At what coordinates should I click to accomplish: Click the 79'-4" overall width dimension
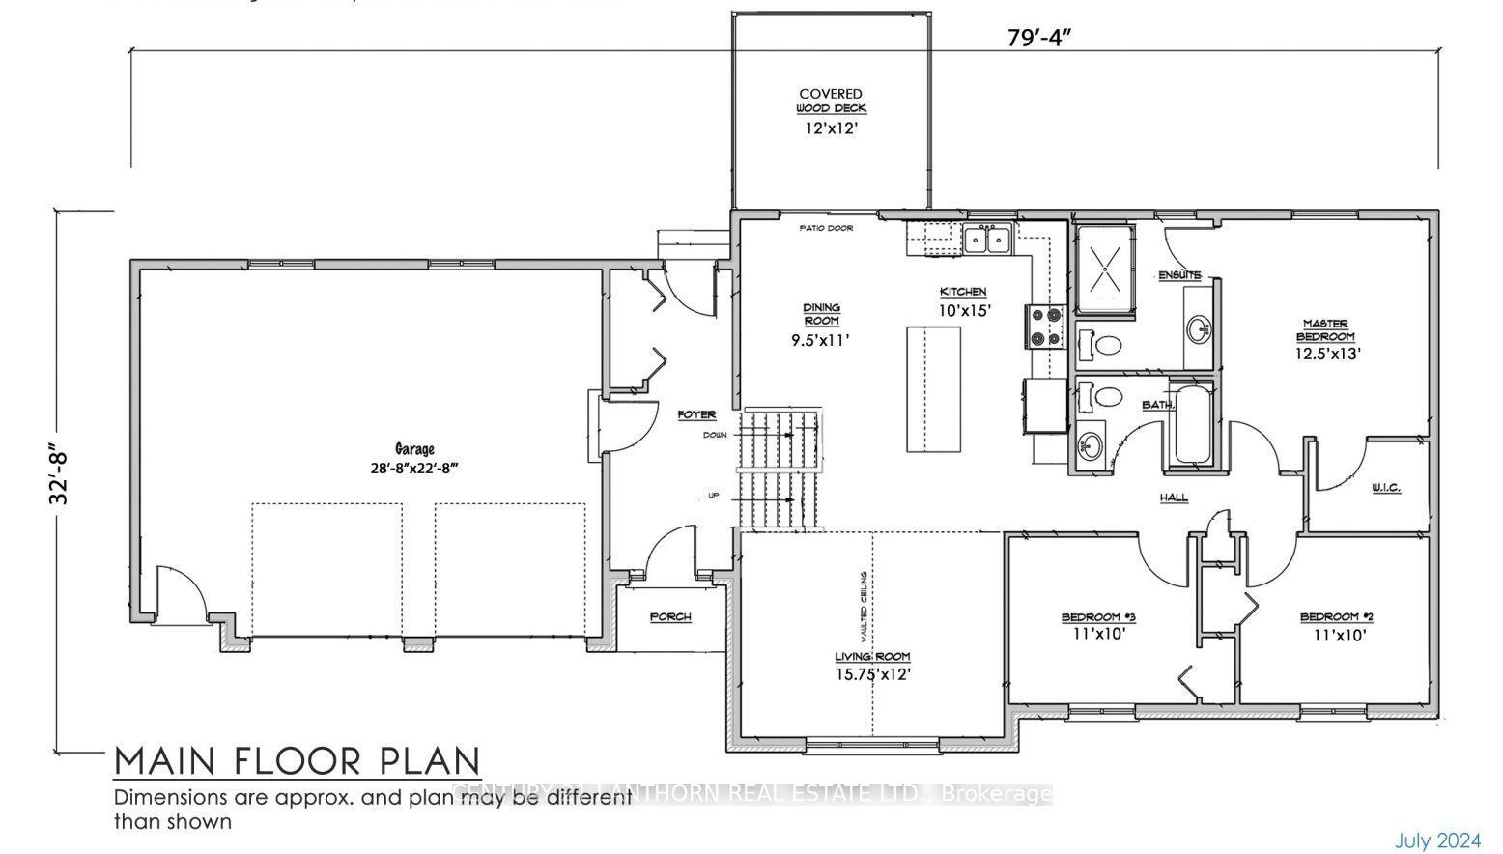point(1039,38)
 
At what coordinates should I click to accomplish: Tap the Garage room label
point(414,449)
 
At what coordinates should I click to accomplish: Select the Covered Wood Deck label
point(831,101)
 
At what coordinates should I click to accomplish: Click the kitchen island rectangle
point(933,388)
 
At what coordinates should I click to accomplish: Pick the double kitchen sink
point(986,238)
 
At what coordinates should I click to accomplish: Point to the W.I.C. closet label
point(1385,489)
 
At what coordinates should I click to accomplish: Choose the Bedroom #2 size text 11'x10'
point(1339,636)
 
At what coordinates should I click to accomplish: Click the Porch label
point(669,616)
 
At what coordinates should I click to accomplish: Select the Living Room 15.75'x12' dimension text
point(873,675)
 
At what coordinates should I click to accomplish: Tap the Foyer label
point(696,414)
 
